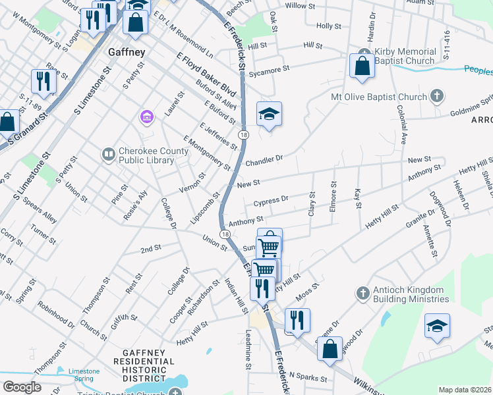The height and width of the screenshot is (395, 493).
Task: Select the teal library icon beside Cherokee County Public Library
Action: pyautogui.click(x=108, y=154)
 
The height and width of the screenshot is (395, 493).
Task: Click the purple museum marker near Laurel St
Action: pyautogui.click(x=146, y=118)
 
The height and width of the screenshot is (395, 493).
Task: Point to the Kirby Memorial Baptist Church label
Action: pyautogui.click(x=405, y=56)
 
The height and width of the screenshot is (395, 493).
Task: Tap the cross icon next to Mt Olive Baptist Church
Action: pyautogui.click(x=436, y=97)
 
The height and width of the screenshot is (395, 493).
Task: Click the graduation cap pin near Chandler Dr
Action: pyautogui.click(x=269, y=115)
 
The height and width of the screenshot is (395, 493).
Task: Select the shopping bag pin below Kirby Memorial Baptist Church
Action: pyautogui.click(x=362, y=66)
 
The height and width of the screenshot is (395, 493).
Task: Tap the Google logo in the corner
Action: pyautogui.click(x=22, y=387)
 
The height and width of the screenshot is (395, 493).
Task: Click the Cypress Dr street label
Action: pyautogui.click(x=272, y=199)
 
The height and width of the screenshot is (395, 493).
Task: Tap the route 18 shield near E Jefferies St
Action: pyautogui.click(x=244, y=135)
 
